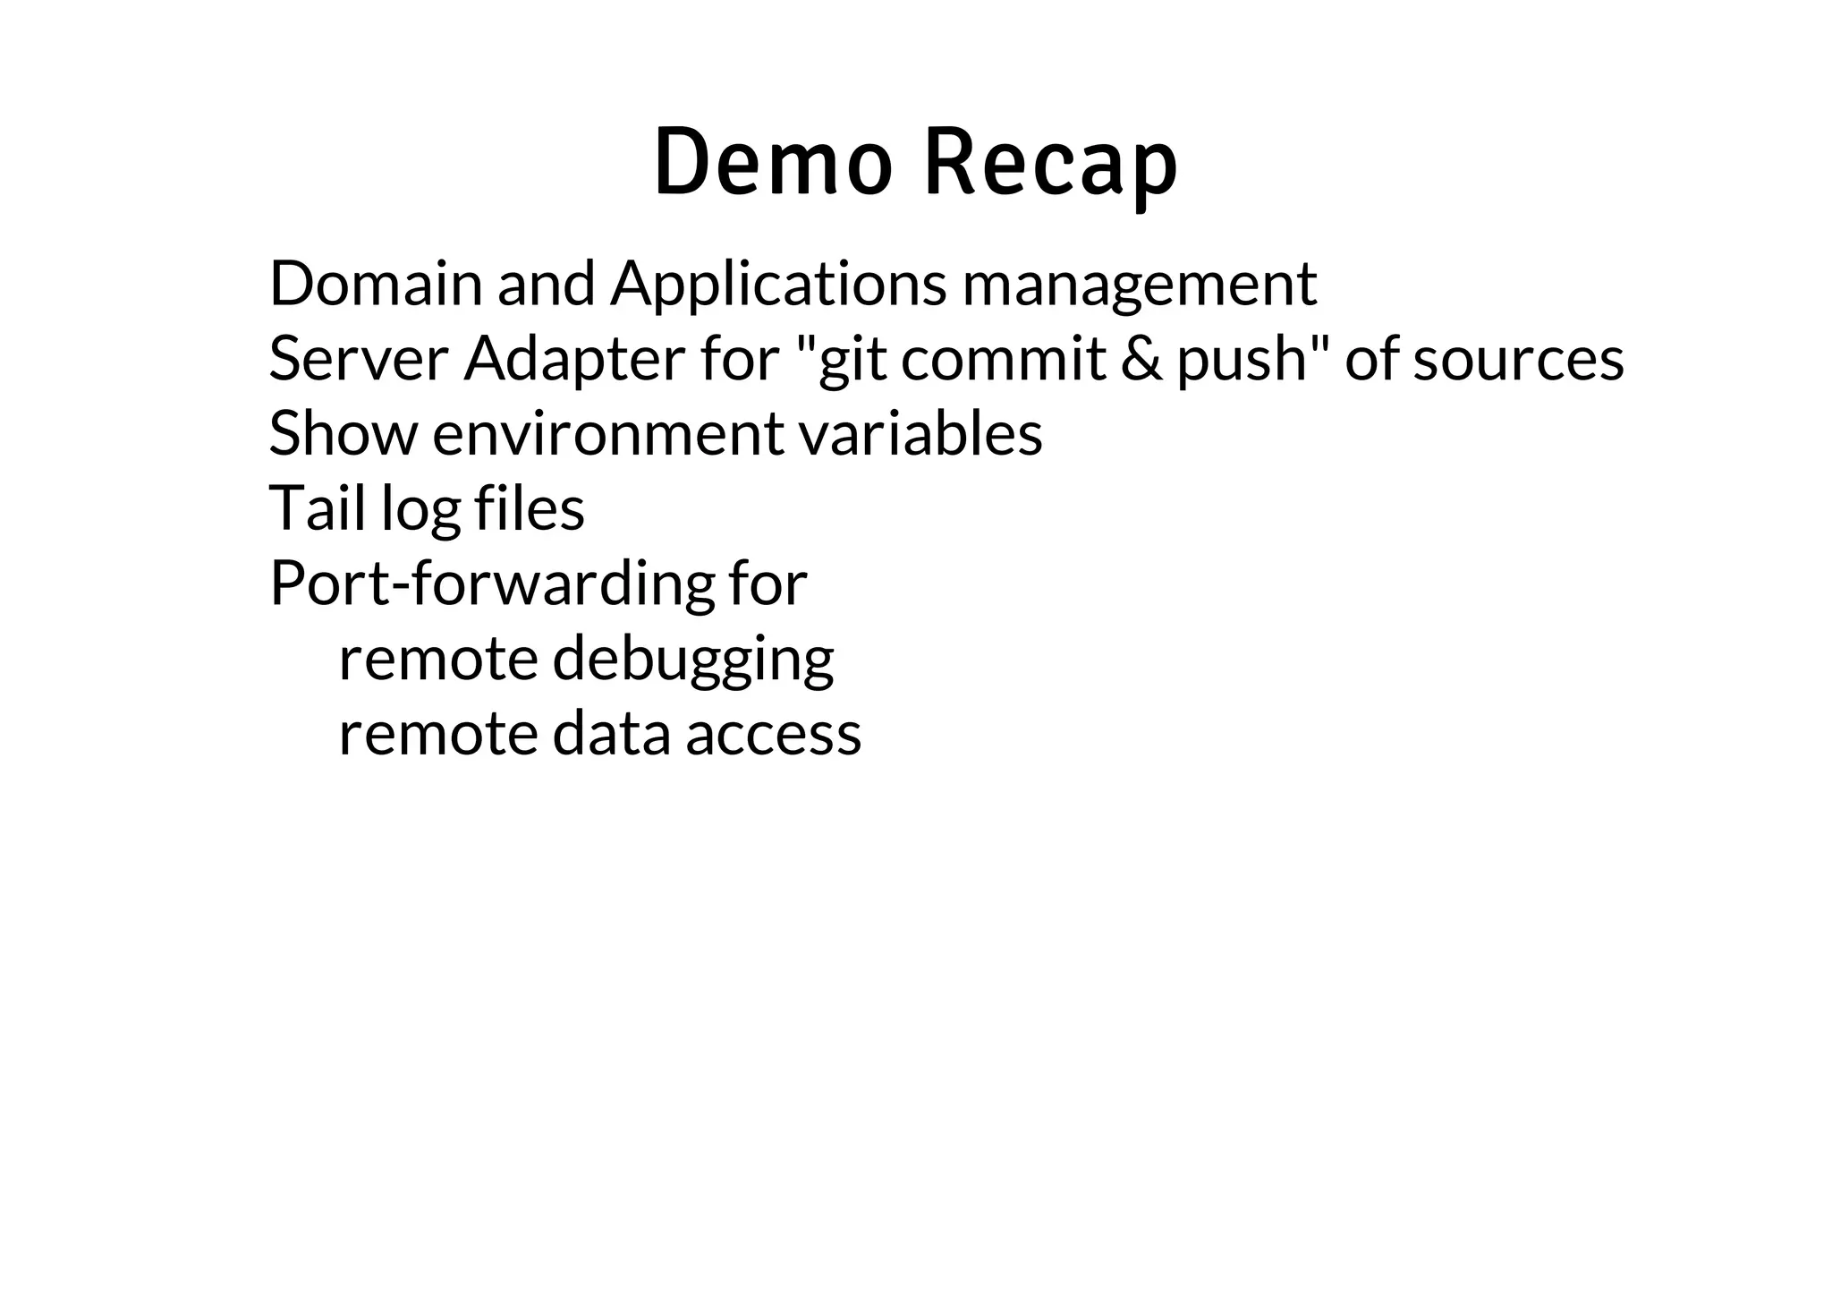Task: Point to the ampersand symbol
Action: pyautogui.click(x=1141, y=359)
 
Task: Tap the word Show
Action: pyautogui.click(x=343, y=434)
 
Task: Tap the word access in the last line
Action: pyautogui.click(x=773, y=734)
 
